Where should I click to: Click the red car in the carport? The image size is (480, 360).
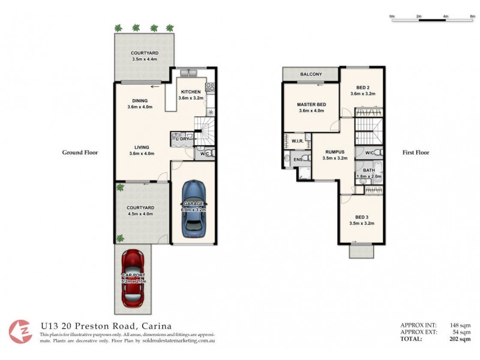click(x=133, y=277)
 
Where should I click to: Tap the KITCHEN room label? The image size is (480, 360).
click(x=190, y=92)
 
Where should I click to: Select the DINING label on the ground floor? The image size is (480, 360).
click(x=140, y=101)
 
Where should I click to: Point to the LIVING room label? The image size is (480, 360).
click(x=141, y=147)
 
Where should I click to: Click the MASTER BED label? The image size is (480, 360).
click(x=311, y=104)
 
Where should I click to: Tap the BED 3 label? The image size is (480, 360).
click(x=361, y=217)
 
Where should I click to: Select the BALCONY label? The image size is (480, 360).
click(x=310, y=74)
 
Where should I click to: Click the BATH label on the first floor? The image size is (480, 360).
click(x=368, y=170)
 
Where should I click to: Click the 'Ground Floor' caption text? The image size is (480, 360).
click(x=80, y=152)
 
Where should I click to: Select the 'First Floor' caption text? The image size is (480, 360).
click(x=416, y=152)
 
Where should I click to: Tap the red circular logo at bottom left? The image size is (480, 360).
click(x=21, y=331)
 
